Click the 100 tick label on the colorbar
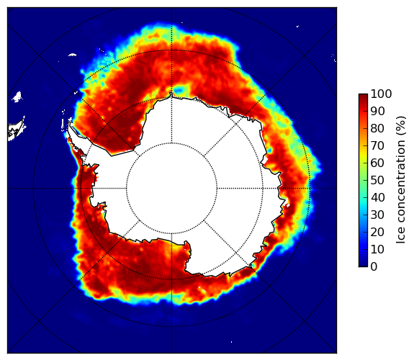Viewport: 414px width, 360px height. pyautogui.click(x=381, y=94)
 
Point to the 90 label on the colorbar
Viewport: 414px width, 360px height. pyautogui.click(x=377, y=111)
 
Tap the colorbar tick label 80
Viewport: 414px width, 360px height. pyautogui.click(x=377, y=129)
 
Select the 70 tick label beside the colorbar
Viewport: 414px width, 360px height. pyautogui.click(x=377, y=145)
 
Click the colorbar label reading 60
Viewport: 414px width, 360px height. pyautogui.click(x=377, y=163)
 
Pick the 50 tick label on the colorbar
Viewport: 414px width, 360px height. pyautogui.click(x=377, y=181)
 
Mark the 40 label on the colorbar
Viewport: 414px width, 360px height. pyautogui.click(x=377, y=197)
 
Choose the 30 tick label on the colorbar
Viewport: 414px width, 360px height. pyautogui.click(x=377, y=215)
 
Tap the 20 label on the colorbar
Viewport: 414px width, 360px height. pyautogui.click(x=377, y=232)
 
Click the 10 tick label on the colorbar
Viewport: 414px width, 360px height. pyautogui.click(x=377, y=249)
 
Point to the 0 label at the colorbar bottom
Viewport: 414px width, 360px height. pyautogui.click(x=374, y=267)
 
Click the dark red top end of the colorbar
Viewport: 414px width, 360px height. pyautogui.click(x=363, y=95)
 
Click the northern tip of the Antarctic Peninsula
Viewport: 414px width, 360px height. pyautogui.click(x=69, y=123)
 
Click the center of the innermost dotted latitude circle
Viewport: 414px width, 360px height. pyautogui.click(x=171, y=189)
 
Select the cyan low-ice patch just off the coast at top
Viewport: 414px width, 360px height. pyautogui.click(x=180, y=90)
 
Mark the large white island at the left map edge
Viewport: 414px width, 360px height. pyautogui.click(x=17, y=130)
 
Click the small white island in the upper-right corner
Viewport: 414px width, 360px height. pyautogui.click(x=297, y=26)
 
